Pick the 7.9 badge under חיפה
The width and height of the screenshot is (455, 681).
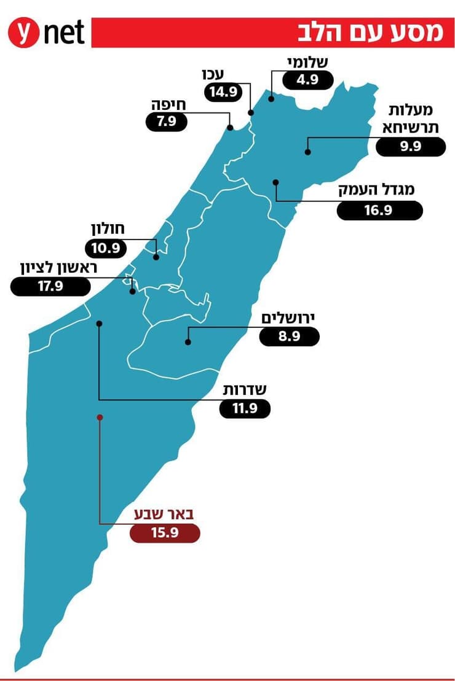167,121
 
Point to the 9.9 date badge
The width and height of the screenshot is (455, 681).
410,147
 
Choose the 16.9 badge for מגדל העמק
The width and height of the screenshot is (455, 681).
379,210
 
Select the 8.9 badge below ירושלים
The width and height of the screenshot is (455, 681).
290,336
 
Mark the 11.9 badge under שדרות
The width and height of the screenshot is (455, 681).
245,409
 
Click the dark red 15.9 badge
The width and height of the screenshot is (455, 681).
165,533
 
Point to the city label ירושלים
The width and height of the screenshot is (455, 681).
288,318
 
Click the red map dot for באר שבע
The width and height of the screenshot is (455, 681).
100,417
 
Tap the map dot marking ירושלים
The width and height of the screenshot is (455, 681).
188,343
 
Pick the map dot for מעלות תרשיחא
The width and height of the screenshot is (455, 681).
307,152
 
